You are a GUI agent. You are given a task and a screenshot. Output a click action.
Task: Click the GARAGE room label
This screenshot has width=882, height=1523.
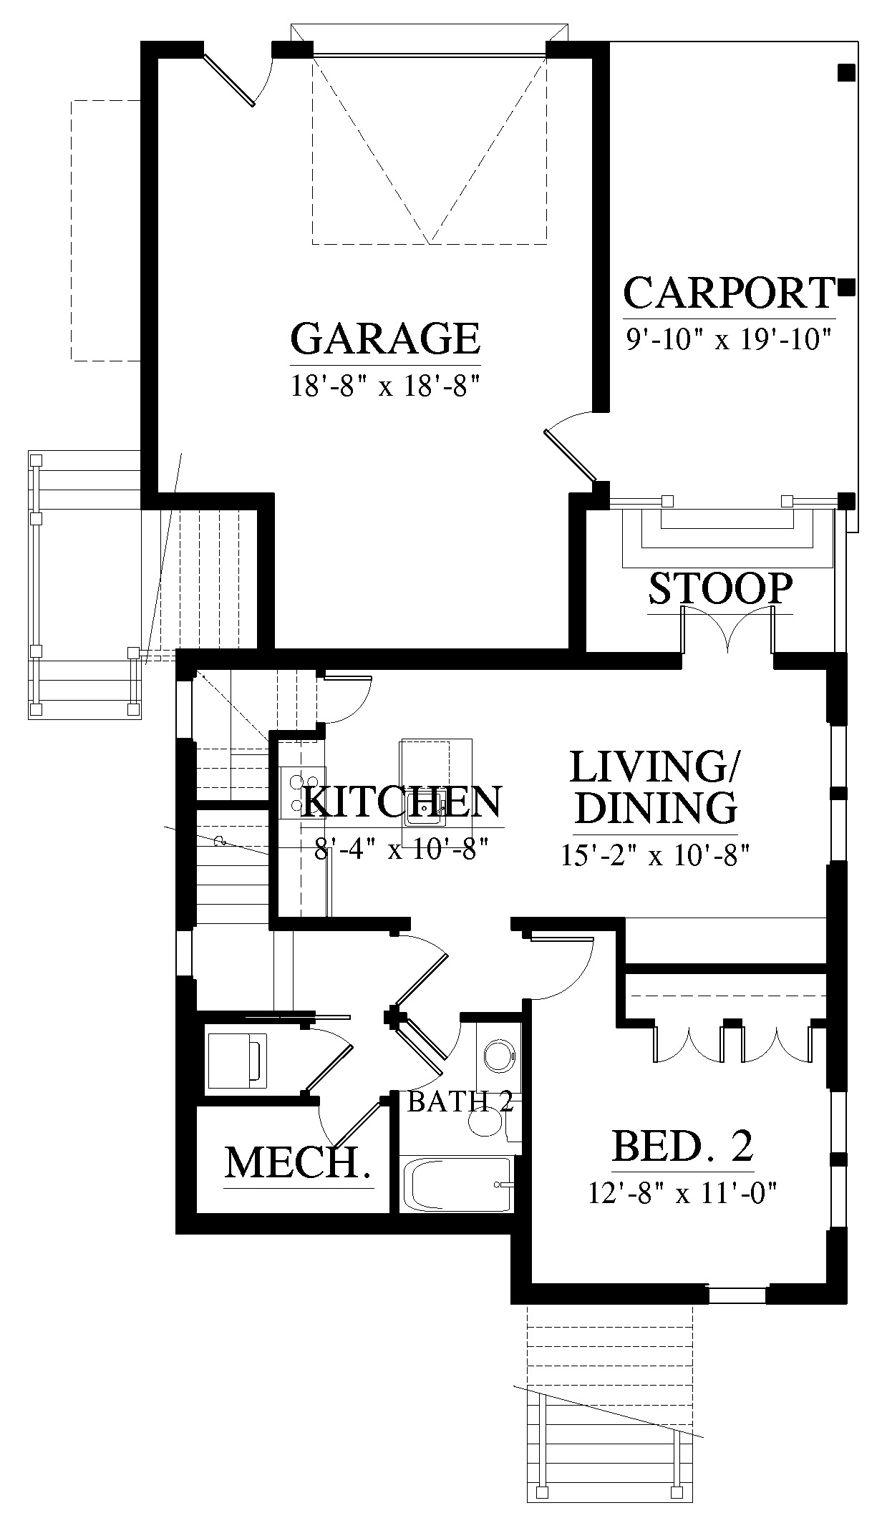pyautogui.click(x=385, y=338)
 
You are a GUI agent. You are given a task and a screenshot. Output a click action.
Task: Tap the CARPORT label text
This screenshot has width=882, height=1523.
pyautogui.click(x=730, y=293)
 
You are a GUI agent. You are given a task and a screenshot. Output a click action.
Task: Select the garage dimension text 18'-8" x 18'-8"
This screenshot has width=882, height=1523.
pyautogui.click(x=384, y=387)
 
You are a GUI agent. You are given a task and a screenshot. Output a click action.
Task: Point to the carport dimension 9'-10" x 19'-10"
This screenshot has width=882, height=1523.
pyautogui.click(x=729, y=339)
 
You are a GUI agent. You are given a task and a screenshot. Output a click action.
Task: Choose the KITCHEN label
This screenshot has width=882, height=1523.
pyautogui.click(x=402, y=802)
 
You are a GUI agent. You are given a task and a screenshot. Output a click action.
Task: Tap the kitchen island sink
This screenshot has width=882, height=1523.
pyautogui.click(x=427, y=807)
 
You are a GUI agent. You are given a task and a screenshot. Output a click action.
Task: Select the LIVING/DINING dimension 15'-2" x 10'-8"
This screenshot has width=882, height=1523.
pyautogui.click(x=655, y=856)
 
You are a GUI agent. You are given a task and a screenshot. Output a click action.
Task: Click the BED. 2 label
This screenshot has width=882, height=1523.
pyautogui.click(x=683, y=1146)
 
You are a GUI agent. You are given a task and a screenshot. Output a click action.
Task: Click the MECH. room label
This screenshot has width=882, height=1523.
pyautogui.click(x=299, y=1163)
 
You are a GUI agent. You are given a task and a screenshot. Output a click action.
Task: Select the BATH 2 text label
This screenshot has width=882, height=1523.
pyautogui.click(x=460, y=1102)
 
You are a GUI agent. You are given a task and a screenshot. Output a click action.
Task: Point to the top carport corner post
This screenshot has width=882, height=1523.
pyautogui.click(x=846, y=72)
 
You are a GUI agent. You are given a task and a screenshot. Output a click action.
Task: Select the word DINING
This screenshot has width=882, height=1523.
pyautogui.click(x=656, y=809)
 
